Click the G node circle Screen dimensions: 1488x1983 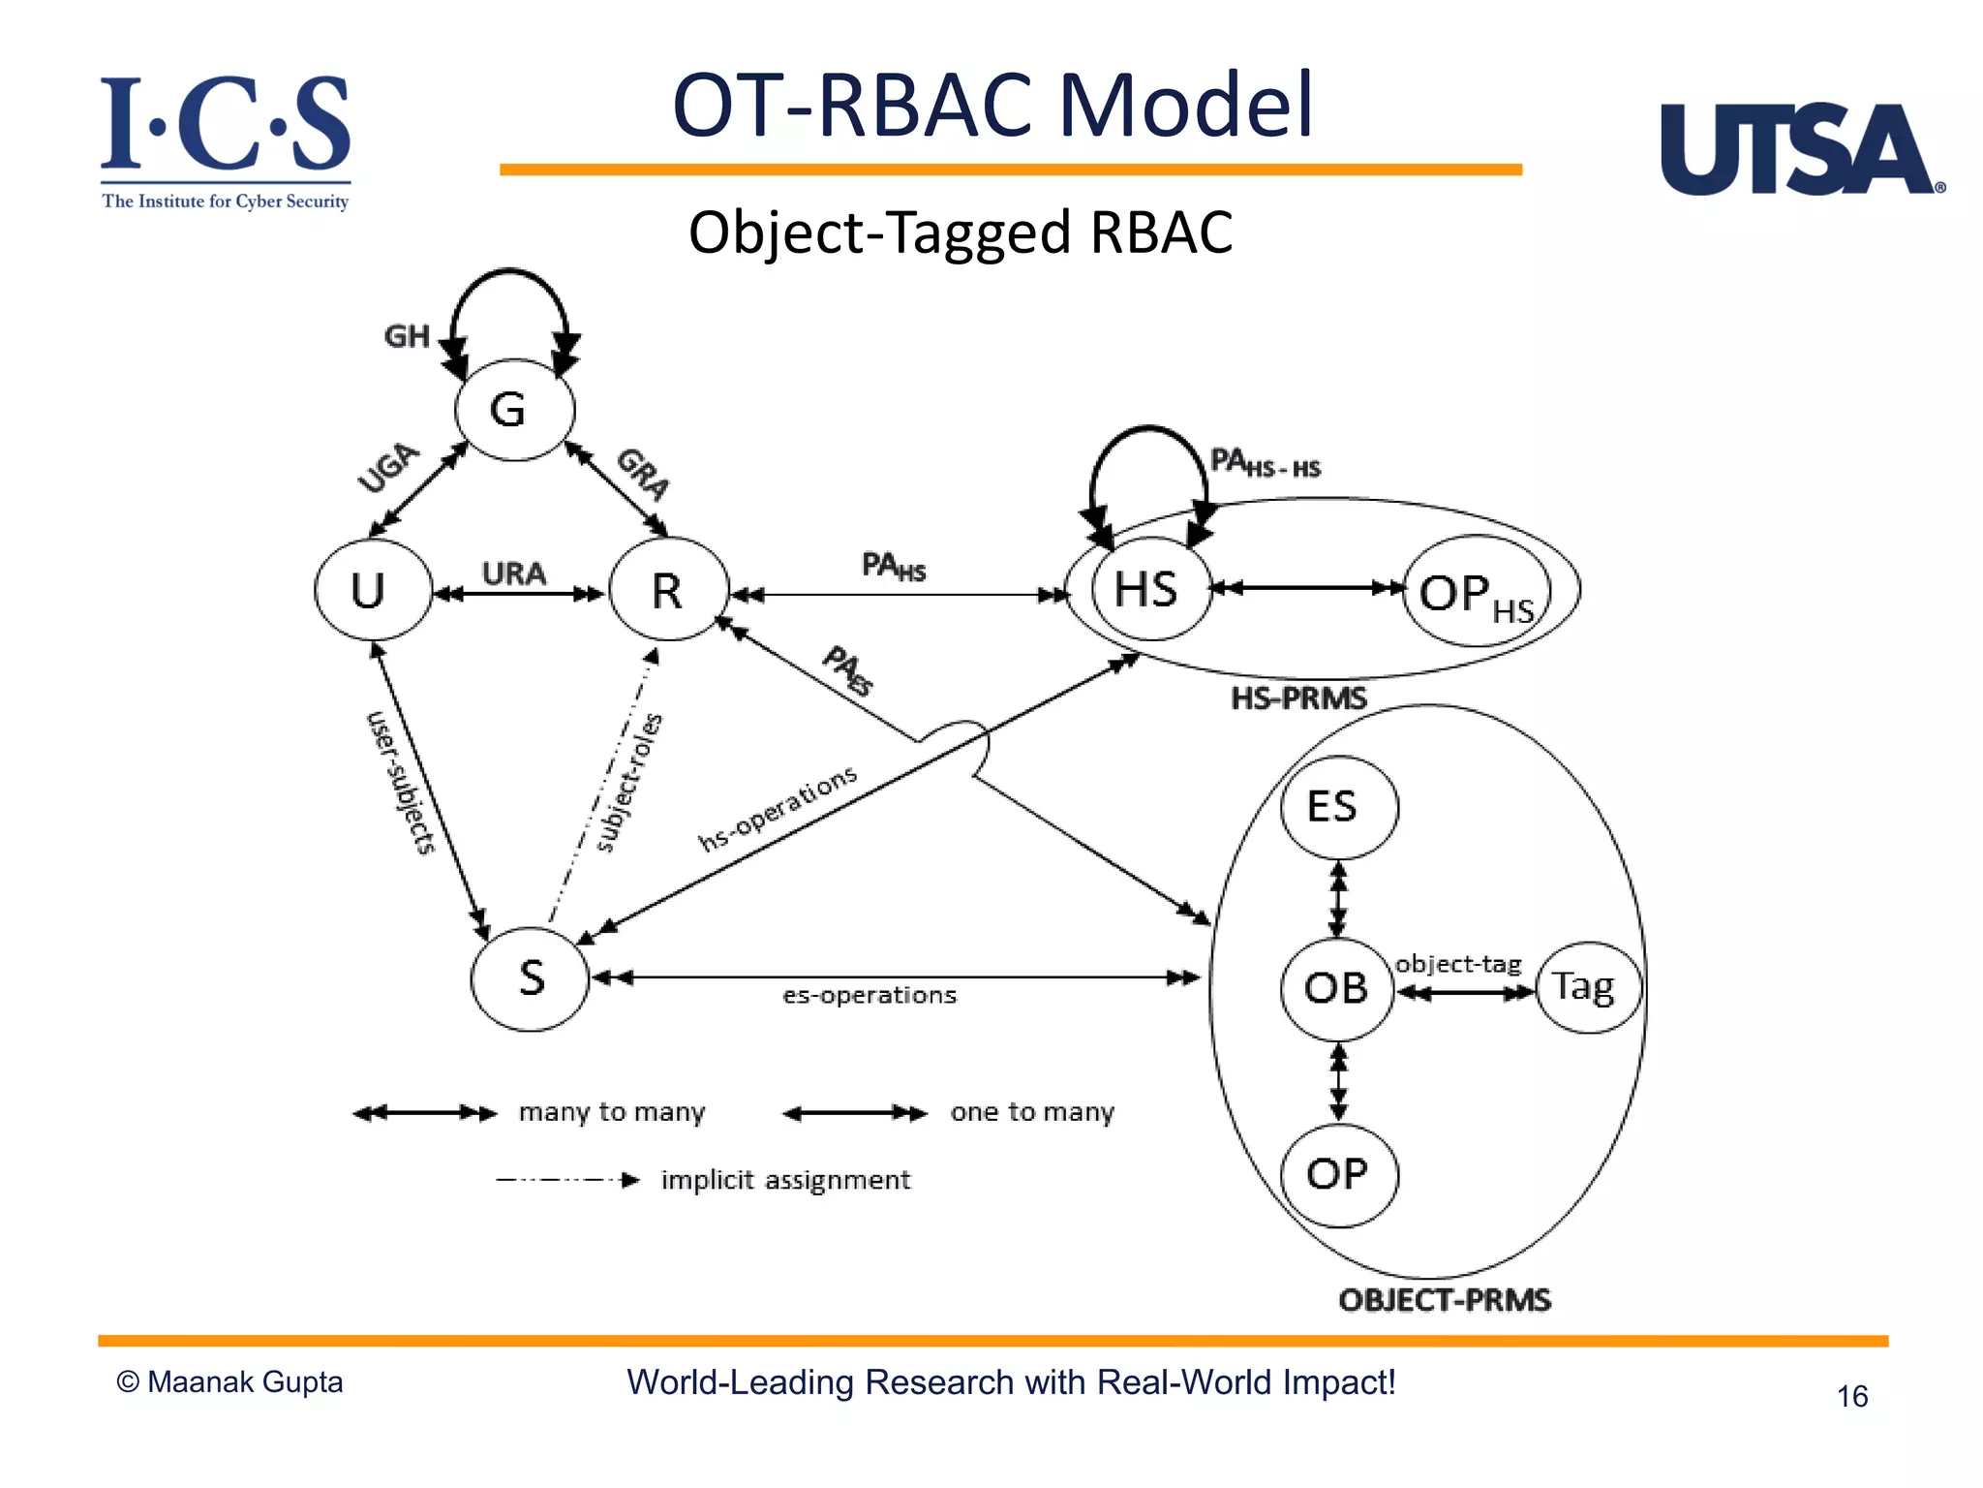(514, 410)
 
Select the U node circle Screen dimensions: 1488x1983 (373, 589)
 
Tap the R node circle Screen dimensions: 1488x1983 (668, 589)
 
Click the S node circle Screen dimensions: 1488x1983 (531, 978)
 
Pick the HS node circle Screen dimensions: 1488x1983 (1150, 589)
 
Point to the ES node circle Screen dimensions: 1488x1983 (1338, 807)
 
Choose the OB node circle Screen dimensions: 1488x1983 (1337, 988)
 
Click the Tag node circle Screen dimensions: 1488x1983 (1588, 987)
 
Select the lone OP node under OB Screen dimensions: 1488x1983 (1338, 1175)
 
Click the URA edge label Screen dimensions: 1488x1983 (514, 573)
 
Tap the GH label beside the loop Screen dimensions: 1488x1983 (407, 336)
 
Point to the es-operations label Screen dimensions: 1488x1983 (869, 996)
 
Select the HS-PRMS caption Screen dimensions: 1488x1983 (1298, 698)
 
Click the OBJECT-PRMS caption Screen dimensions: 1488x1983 (1445, 1300)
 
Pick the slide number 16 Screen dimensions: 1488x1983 (1851, 1396)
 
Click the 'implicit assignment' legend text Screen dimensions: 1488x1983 (785, 1180)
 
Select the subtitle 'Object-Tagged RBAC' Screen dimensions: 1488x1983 (961, 232)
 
